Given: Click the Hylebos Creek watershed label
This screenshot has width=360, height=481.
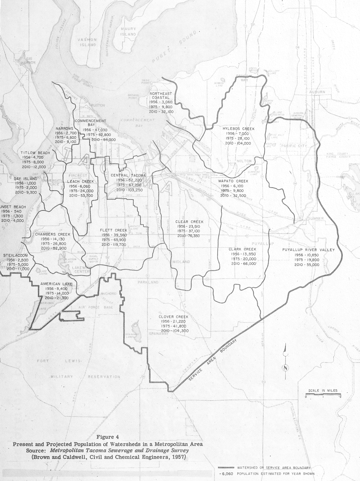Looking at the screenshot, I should pyautogui.click(x=238, y=129).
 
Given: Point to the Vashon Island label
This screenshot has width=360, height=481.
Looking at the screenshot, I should pyautogui.click(x=88, y=42).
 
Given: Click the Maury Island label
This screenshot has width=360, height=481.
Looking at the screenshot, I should pyautogui.click(x=129, y=31).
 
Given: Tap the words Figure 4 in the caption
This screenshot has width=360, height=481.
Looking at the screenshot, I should pyautogui.click(x=108, y=438).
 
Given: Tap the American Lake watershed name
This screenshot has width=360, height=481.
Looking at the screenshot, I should pyautogui.click(x=56, y=284).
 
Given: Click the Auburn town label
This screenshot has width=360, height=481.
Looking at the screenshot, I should pyautogui.click(x=317, y=92).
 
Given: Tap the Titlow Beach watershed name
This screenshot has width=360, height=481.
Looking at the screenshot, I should pyautogui.click(x=35, y=153).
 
